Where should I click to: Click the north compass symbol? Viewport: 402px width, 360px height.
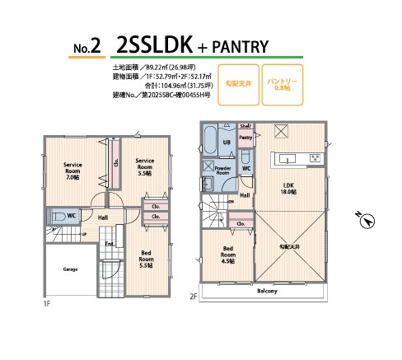[368, 220]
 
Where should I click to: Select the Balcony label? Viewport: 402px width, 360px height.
[266, 291]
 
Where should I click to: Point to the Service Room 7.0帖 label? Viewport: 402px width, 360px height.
[73, 171]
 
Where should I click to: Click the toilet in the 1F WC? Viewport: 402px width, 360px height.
[60, 217]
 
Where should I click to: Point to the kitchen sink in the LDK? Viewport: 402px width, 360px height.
[289, 157]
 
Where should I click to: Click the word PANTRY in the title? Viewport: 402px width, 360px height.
[241, 44]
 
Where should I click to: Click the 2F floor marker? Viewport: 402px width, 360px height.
[194, 297]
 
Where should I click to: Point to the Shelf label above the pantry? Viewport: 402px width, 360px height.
[245, 126]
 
